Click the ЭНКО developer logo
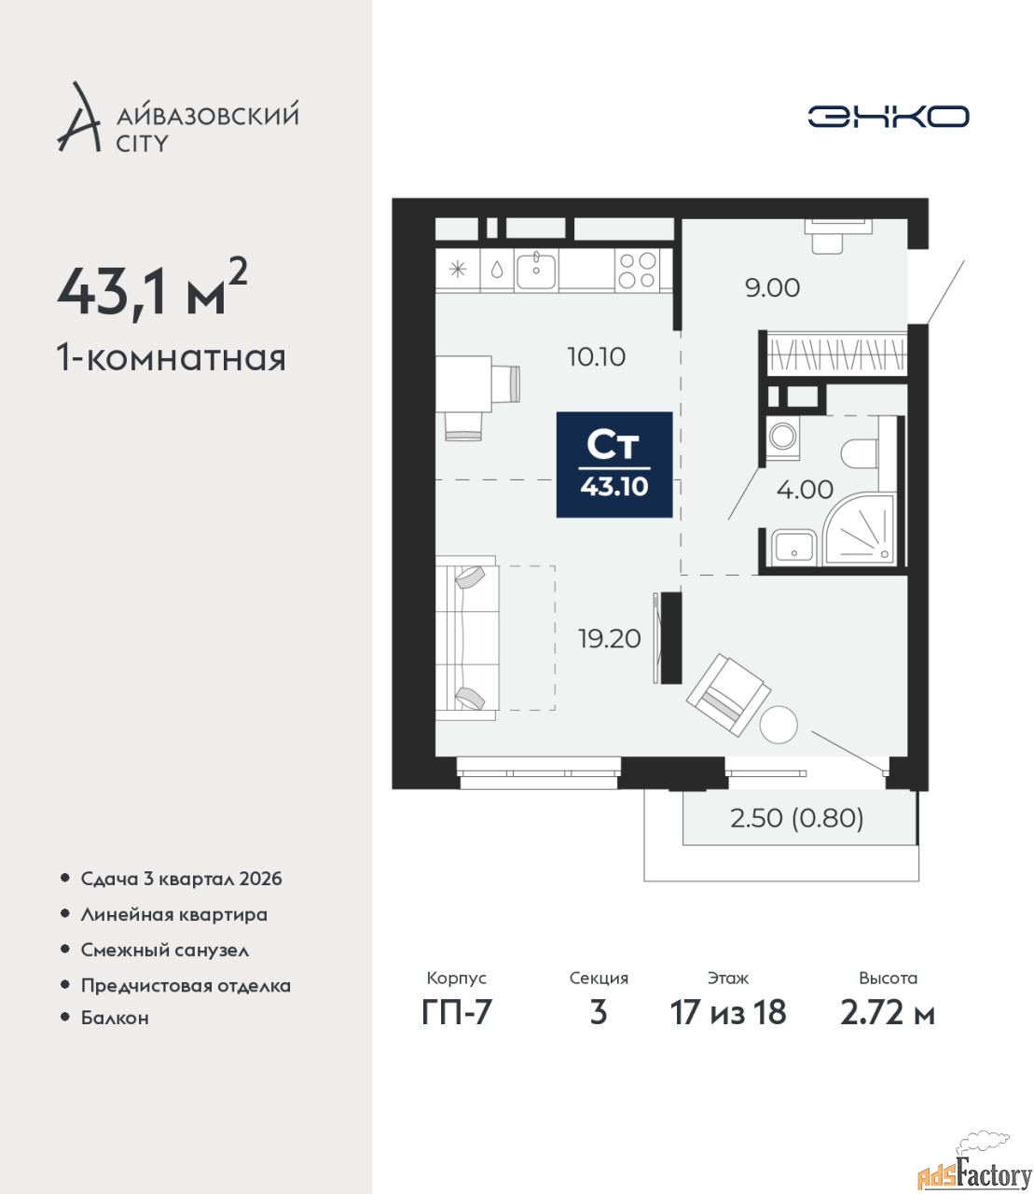click(888, 116)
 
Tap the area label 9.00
click(772, 287)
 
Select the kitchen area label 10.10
click(597, 357)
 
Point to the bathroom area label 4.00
click(805, 490)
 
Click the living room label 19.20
click(610, 638)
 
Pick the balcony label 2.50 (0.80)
click(797, 818)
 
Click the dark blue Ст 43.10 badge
click(614, 465)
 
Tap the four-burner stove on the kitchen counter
click(637, 270)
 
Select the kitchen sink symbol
click(536, 270)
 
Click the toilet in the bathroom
click(860, 454)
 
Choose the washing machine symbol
click(783, 439)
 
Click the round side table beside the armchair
click(779, 725)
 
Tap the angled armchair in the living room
click(727, 695)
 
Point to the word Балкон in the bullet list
click(115, 1018)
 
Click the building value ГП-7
click(457, 1013)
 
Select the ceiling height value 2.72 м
click(888, 1013)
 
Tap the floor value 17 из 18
click(728, 1013)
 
